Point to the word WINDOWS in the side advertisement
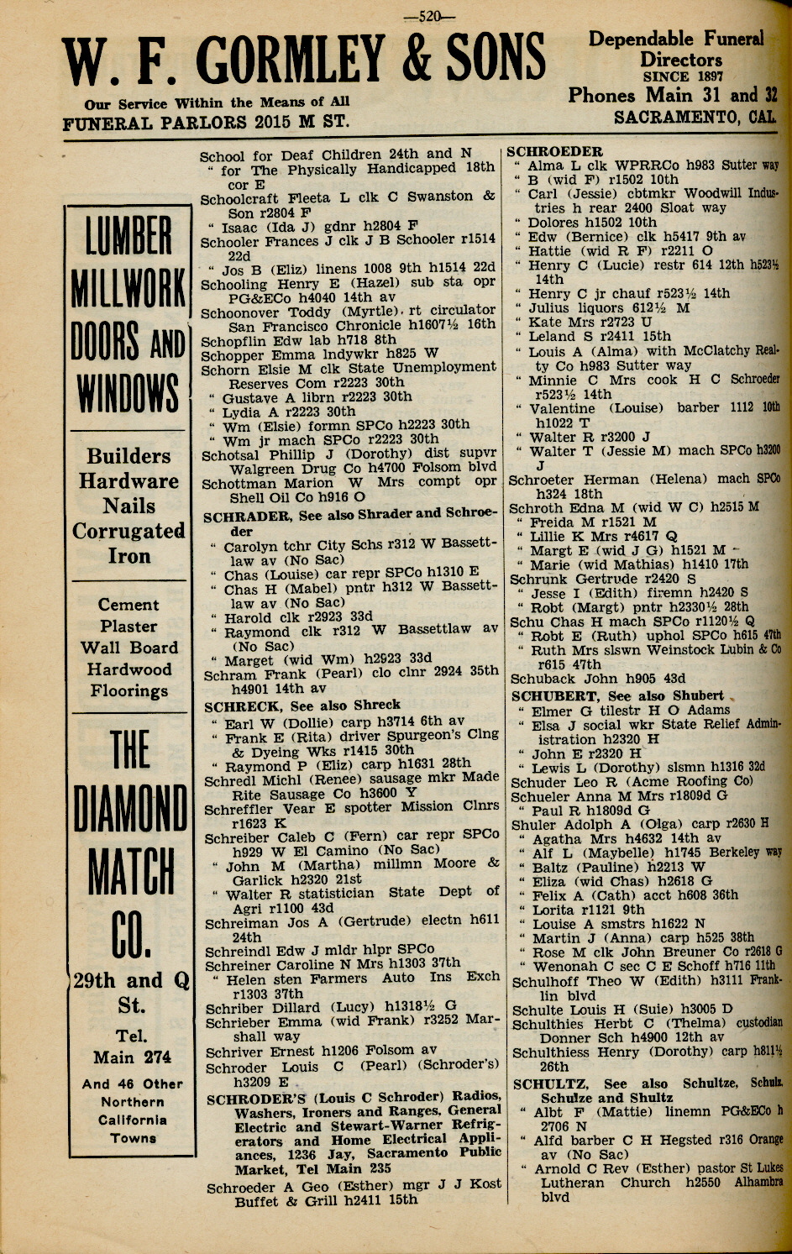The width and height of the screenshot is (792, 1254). (x=129, y=392)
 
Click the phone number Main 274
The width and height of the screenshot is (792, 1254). (x=132, y=1057)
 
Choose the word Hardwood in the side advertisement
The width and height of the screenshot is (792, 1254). (x=129, y=669)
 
